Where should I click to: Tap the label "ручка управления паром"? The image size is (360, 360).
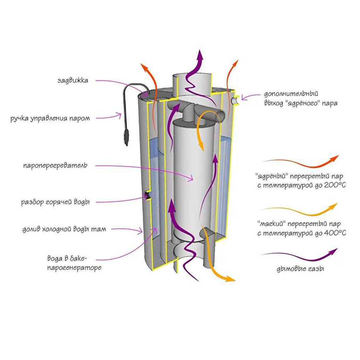pos(50,118)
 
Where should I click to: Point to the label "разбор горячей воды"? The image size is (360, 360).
pos(55,202)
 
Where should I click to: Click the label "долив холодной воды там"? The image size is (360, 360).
pos(62,229)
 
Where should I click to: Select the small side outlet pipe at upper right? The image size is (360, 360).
pos(235,100)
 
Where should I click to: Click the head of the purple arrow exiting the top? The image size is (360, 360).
pos(201,54)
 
